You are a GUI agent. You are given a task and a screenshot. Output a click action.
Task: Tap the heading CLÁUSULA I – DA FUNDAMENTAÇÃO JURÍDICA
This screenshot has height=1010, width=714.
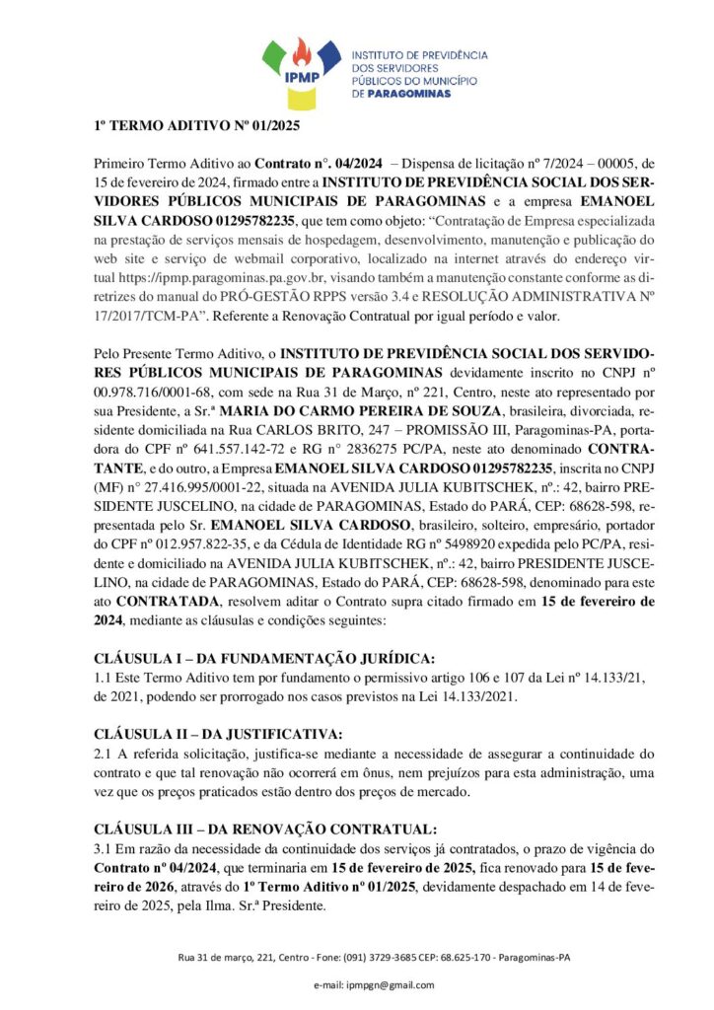(263, 658)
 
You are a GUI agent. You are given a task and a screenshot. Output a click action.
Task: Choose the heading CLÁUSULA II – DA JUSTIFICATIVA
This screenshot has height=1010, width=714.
(218, 733)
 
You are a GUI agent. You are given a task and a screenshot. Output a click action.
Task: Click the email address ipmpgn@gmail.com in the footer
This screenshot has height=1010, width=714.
(375, 984)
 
